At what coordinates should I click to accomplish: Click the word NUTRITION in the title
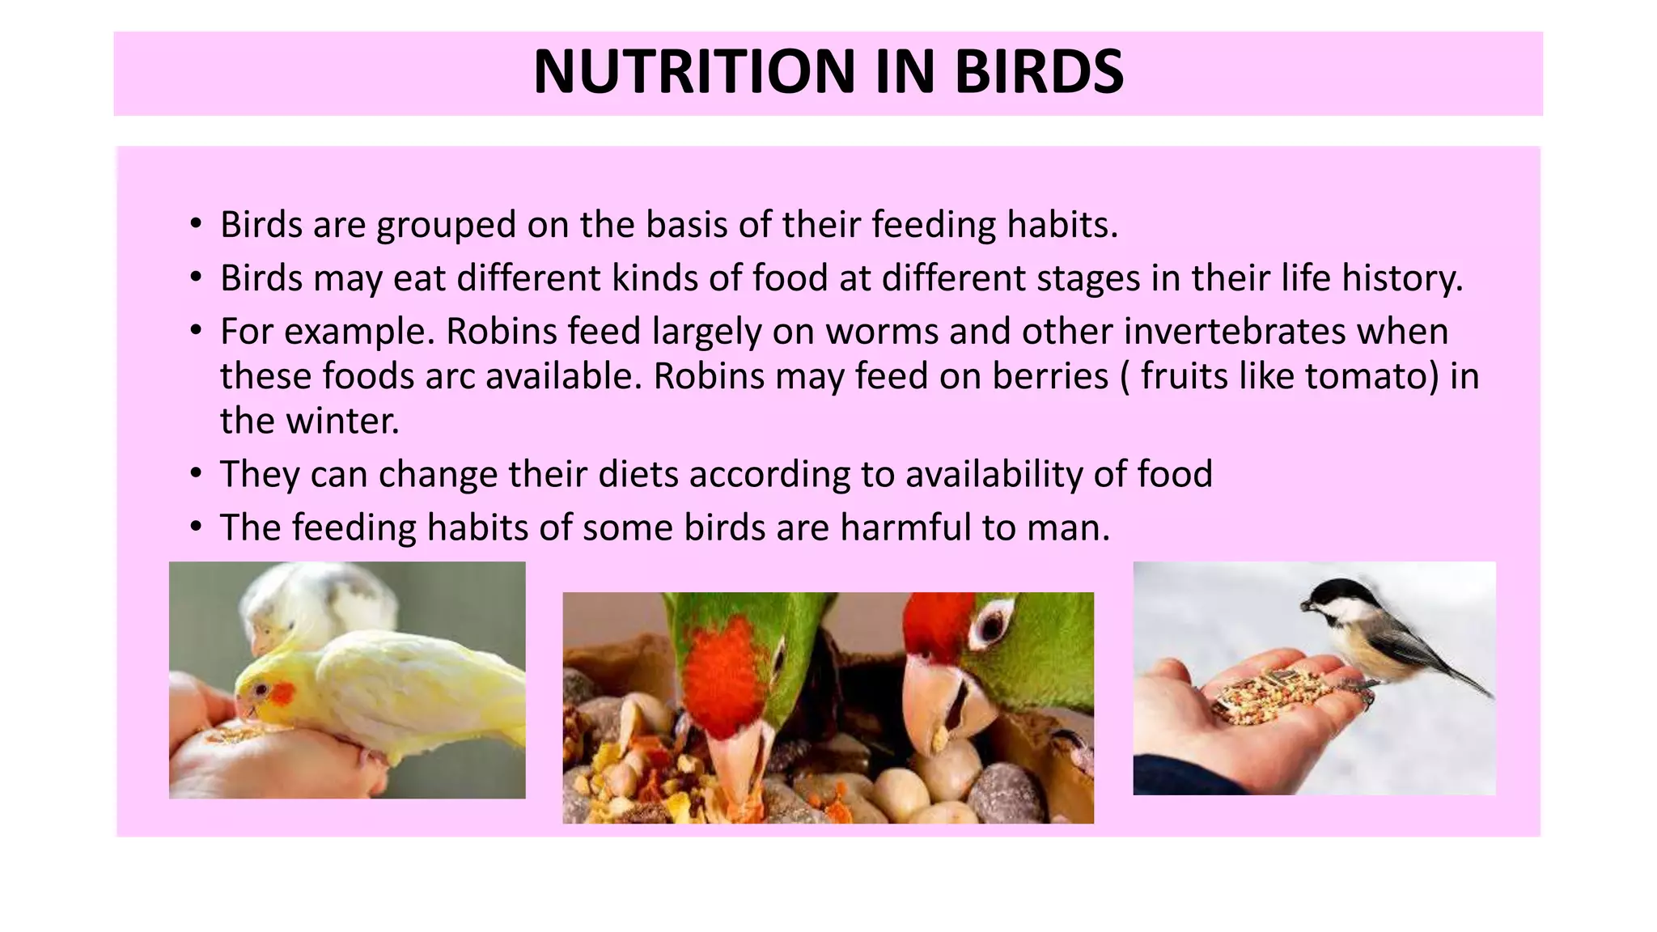pos(693,72)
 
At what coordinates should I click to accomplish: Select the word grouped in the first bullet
pos(446,225)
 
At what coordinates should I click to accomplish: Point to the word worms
pos(882,332)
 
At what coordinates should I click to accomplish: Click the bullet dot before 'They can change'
pos(196,474)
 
